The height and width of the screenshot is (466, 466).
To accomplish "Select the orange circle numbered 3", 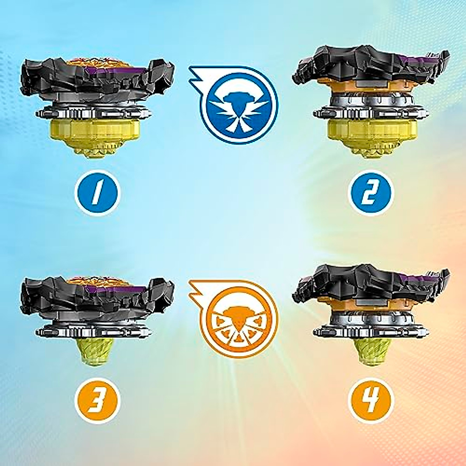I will click(x=97, y=400).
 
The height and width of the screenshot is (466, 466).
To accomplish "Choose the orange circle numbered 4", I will click(x=371, y=400).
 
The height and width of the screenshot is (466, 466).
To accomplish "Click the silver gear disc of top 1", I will click(x=93, y=113).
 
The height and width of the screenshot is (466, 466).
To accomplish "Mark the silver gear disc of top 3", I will click(x=93, y=330).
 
